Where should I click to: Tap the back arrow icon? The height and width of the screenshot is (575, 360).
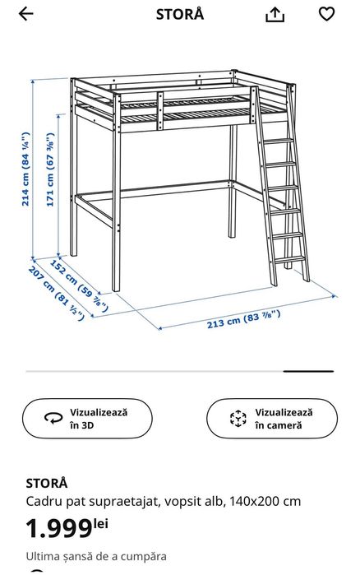26,14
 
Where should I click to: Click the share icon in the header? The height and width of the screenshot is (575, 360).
275,15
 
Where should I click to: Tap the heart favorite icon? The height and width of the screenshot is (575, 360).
326,14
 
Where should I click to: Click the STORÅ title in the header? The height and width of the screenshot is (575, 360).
180,13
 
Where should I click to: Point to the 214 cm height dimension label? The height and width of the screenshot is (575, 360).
25,169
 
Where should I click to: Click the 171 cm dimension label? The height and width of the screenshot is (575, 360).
50,169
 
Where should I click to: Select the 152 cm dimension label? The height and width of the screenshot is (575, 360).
79,286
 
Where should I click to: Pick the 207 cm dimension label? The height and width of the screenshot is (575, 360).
56,293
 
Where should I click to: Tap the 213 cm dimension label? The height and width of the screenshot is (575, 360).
243,319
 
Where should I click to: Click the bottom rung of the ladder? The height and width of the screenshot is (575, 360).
290,260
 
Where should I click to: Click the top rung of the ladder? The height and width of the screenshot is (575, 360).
279,141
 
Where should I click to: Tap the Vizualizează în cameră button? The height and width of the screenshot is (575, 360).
272,419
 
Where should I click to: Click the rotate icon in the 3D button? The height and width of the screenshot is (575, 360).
53,418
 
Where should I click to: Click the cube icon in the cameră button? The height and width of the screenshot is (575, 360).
238,419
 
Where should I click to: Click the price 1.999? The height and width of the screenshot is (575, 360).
59,528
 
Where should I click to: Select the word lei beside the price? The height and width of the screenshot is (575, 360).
101,523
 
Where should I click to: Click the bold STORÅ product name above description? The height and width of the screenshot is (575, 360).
47,483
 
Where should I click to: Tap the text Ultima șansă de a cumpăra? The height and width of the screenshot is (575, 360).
96,556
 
